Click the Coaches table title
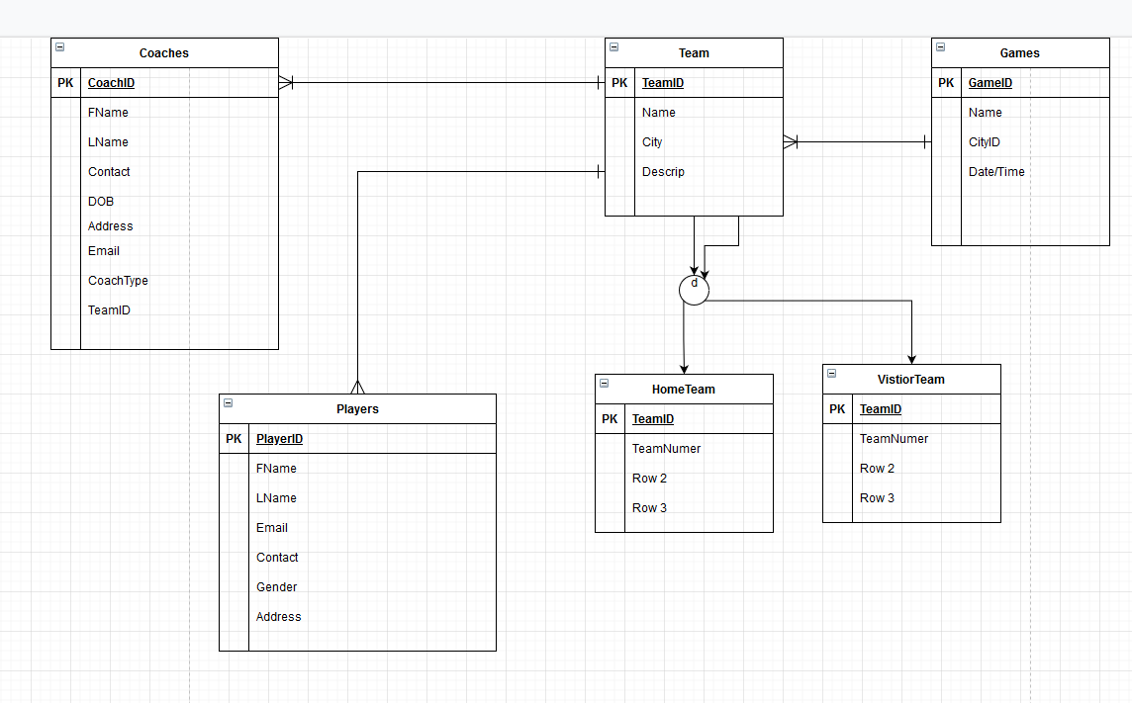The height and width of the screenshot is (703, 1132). (164, 53)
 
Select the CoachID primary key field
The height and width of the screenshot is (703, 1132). (111, 83)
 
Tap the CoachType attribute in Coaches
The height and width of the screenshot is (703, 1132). (118, 281)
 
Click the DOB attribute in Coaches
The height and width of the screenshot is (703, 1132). (101, 202)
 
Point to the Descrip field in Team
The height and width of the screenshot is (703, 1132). (663, 172)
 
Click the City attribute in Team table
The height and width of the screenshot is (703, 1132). (652, 142)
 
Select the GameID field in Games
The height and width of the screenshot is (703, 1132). (990, 83)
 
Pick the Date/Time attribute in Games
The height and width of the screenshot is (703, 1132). (996, 172)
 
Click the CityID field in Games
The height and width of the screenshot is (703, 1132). (985, 142)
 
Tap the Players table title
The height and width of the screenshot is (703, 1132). (357, 409)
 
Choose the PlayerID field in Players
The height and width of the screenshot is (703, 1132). (279, 439)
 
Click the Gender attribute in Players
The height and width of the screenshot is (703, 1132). (277, 587)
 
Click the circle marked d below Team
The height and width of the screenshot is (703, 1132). (694, 290)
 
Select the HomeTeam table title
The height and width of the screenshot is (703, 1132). (684, 390)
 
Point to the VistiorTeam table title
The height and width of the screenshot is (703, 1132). (911, 380)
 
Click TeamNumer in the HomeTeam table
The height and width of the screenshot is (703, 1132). (666, 449)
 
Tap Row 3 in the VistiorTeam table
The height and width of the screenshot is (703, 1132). (877, 498)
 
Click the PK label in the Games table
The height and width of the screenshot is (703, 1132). (946, 83)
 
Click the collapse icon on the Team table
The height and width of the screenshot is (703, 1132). (614, 46)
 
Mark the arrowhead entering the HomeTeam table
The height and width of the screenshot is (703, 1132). (684, 369)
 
